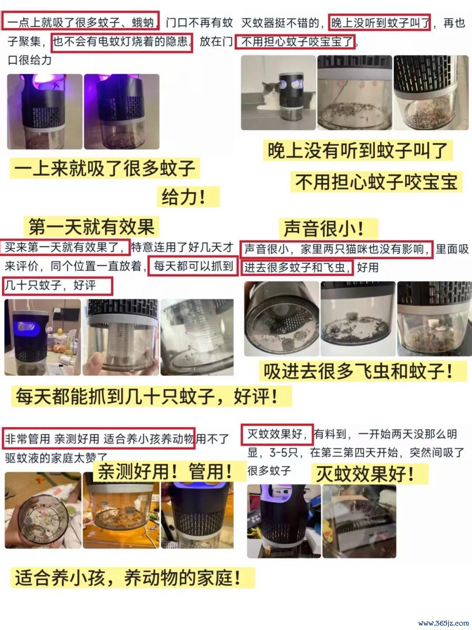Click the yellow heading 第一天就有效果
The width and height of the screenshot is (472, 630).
[91, 226]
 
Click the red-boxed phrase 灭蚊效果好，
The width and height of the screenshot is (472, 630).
[277, 435]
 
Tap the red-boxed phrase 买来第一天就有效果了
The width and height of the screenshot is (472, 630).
[65, 247]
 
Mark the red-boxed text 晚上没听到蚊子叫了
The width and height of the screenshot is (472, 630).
[379, 23]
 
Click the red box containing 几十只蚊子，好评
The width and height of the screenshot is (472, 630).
[57, 286]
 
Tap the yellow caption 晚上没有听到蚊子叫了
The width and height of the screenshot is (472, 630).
[358, 150]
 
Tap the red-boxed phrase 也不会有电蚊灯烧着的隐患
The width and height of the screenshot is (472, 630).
[122, 42]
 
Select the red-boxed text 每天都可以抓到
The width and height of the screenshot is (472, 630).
[193, 267]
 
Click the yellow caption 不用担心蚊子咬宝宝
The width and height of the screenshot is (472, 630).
[376, 182]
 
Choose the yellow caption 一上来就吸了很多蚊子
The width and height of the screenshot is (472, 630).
[105, 168]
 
